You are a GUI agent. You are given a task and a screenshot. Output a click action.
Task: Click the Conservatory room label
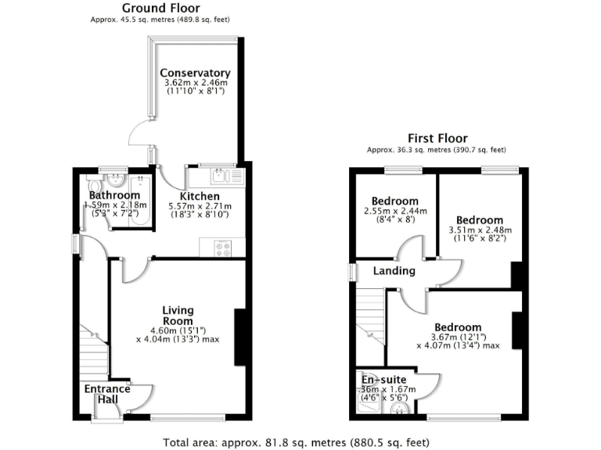click(196, 73)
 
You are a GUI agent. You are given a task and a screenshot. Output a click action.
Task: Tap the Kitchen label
click(200, 196)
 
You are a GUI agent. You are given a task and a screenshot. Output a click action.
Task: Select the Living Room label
click(178, 315)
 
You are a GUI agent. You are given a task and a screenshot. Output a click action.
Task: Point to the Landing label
click(394, 271)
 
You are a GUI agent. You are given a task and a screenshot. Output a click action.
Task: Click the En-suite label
click(383, 380)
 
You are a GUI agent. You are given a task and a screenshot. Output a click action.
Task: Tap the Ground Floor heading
click(160, 8)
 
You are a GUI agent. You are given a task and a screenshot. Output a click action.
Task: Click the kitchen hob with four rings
click(221, 249)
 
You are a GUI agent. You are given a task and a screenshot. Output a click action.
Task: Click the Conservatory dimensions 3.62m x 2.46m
click(196, 83)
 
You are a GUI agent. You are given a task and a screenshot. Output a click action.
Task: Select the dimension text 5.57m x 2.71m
click(200, 206)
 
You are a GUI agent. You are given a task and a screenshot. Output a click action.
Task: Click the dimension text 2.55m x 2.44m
click(394, 211)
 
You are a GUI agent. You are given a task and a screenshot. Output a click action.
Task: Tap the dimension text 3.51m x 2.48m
click(480, 230)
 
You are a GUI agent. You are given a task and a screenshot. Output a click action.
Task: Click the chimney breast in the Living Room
click(240, 337)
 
